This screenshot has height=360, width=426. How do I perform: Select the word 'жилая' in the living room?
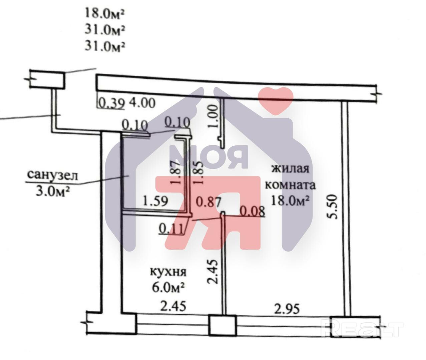[290, 168]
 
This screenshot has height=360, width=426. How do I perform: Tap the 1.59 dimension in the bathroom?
[155, 201]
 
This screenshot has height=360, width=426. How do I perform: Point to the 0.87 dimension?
[208, 202]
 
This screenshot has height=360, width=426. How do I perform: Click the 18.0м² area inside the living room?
[290, 200]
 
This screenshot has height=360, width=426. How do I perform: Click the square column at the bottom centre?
[223, 325]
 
